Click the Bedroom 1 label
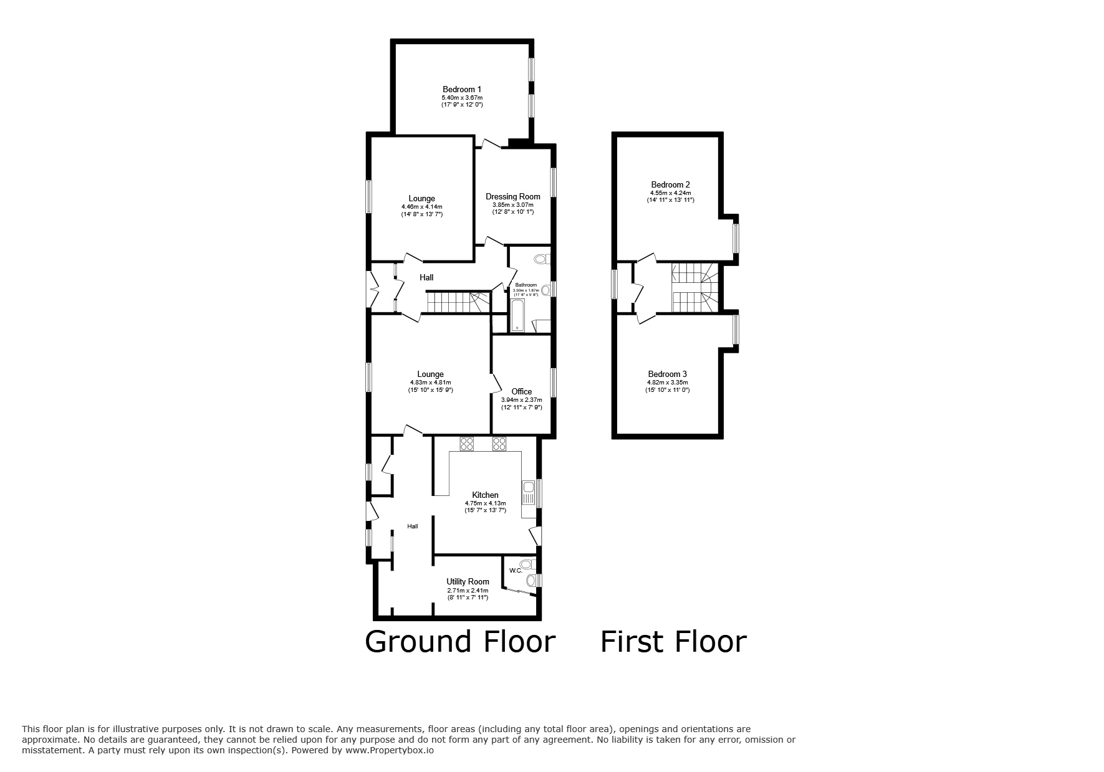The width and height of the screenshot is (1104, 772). (461, 89)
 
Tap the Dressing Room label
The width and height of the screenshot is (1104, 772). (513, 196)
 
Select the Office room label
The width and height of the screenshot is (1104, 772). (522, 391)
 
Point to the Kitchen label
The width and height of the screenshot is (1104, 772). (485, 495)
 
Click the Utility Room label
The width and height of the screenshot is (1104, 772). (468, 581)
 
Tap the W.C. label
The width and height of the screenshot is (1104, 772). (516, 570)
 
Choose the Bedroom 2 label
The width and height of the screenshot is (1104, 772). (670, 184)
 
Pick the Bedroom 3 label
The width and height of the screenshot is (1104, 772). (667, 374)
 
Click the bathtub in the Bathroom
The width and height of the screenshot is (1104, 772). (517, 315)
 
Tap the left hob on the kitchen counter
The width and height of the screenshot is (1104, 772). (467, 444)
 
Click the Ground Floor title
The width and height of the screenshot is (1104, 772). (459, 642)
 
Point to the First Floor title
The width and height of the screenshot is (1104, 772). (673, 642)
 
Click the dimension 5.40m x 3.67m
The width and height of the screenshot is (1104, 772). (462, 98)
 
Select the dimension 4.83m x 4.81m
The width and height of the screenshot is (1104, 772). (430, 383)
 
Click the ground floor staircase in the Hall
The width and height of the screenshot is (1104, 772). (458, 302)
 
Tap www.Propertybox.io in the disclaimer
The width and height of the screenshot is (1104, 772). (390, 751)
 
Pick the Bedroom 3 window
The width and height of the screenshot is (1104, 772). (736, 330)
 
